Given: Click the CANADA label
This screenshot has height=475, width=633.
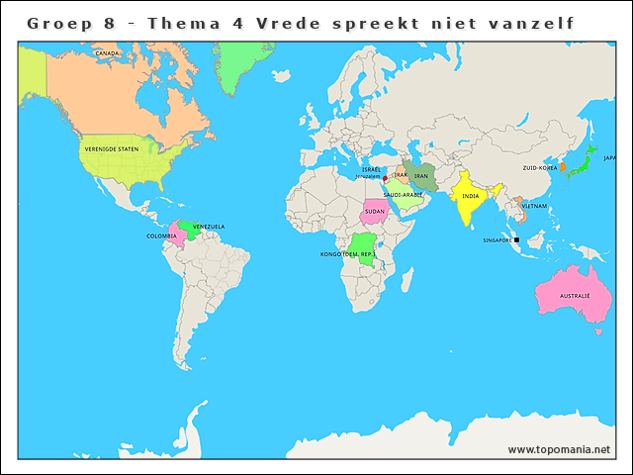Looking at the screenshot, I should (107, 53).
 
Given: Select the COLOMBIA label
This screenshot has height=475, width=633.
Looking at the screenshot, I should (162, 236).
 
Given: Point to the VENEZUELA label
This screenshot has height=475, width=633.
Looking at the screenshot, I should (209, 227).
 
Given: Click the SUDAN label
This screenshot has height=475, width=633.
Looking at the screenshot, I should (374, 211).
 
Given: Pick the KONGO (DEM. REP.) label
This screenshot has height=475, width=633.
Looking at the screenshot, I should (347, 255).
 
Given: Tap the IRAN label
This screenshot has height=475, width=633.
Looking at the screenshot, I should (420, 176).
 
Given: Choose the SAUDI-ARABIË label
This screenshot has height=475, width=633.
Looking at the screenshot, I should (404, 195).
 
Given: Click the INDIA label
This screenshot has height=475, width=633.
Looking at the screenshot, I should (471, 196).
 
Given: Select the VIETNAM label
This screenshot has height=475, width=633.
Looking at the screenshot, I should (534, 206).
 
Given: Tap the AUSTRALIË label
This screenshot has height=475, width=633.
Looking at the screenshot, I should (575, 296).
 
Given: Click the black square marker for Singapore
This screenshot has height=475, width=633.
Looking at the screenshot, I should (517, 239).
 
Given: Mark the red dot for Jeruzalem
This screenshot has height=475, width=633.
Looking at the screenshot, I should (385, 179).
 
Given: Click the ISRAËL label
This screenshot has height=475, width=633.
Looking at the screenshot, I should (371, 169).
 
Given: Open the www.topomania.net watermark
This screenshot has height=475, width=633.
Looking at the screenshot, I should (559, 449).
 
